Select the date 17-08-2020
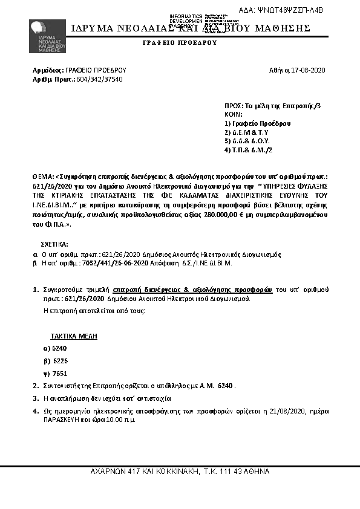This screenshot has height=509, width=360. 309,70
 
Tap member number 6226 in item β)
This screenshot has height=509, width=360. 61,361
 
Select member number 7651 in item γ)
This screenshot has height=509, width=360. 61,374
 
